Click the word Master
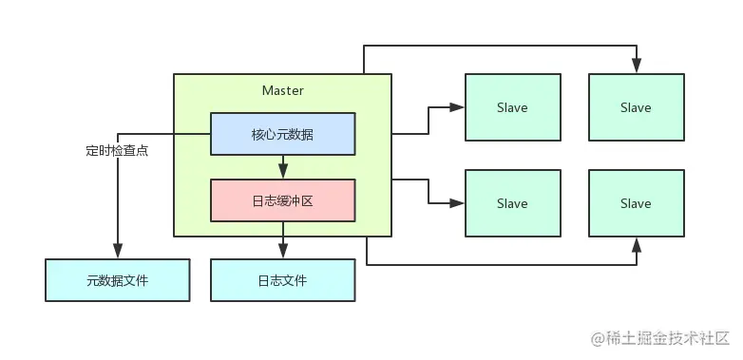tap(282, 90)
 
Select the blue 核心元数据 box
tap(282, 134)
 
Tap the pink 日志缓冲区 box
tap(282, 200)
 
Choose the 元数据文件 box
tap(117, 280)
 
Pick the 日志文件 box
tap(282, 280)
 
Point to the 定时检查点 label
tap(116, 151)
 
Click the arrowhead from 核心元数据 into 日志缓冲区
tap(282, 173)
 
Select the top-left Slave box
tap(512, 107)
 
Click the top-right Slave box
tap(636, 107)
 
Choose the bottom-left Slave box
tap(512, 203)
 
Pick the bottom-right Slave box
tap(636, 203)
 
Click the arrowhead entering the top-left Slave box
tap(459, 107)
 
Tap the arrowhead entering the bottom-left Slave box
tap(459, 203)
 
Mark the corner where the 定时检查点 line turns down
tap(117, 134)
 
